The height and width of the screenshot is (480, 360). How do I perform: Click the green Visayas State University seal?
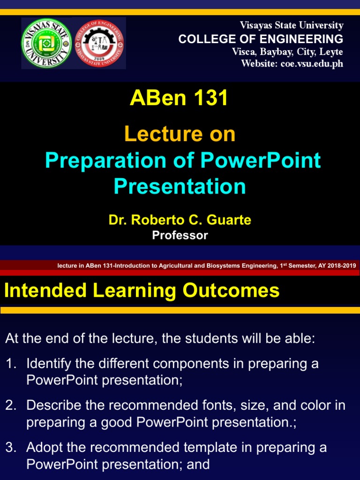point(46,43)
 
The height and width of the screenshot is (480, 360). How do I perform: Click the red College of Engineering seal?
point(101,43)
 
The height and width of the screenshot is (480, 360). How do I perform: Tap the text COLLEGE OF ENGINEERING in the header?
point(261,39)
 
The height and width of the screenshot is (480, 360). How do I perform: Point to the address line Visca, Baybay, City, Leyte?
point(288,52)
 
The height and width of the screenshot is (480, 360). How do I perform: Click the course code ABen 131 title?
point(180,98)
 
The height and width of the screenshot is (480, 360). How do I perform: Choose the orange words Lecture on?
point(180,135)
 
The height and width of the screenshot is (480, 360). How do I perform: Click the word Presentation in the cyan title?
point(180,186)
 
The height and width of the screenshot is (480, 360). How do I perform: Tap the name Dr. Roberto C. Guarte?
point(180,220)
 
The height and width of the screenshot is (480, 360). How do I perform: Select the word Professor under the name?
point(180,235)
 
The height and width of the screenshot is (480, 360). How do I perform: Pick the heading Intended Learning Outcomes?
point(142,291)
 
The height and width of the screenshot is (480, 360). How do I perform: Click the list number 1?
point(10,364)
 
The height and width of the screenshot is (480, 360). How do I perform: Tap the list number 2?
point(10,405)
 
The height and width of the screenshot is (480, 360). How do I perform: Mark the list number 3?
point(10,448)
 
